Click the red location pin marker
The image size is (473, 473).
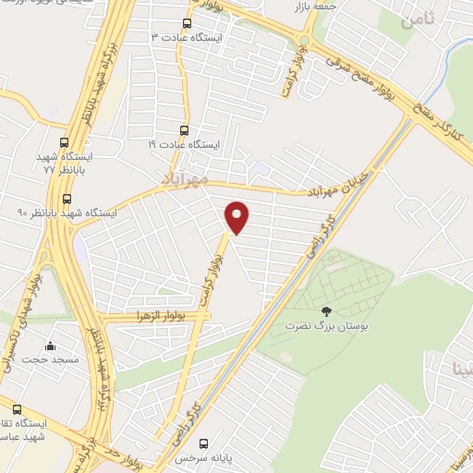[x=237, y=217]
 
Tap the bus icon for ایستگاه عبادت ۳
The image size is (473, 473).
[x=188, y=23]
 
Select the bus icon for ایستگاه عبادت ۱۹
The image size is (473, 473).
[x=183, y=130]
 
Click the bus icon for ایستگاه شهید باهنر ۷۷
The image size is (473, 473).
[x=65, y=143]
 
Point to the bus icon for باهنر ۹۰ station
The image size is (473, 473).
[x=66, y=199]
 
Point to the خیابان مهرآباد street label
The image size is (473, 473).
[x=337, y=184]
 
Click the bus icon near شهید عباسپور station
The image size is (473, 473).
[x=17, y=408]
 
